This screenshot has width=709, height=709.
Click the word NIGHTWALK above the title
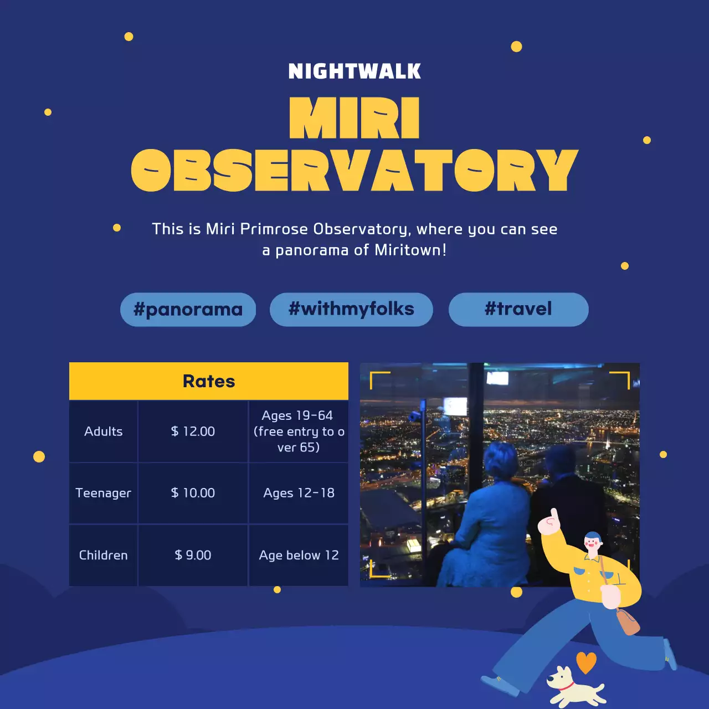click(354, 71)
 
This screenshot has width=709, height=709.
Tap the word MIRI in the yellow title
click(354, 118)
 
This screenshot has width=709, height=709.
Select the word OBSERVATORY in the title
click(354, 170)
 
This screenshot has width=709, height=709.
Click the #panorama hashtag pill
click(188, 310)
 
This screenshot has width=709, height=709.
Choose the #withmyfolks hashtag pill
click(351, 309)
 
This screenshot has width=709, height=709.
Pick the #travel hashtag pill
click(518, 309)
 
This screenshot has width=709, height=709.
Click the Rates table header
click(209, 381)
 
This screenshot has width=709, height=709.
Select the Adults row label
click(104, 431)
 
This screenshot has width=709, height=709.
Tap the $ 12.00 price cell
click(193, 431)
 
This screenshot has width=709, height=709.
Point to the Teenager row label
click(104, 493)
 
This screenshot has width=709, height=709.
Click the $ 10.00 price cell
click(193, 493)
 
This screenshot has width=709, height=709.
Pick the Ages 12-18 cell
click(299, 493)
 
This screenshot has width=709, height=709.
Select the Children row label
click(104, 555)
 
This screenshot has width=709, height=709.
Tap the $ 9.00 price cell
click(193, 555)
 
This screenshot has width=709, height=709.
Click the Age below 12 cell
click(299, 555)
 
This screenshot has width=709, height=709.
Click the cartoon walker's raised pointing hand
click(551, 522)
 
